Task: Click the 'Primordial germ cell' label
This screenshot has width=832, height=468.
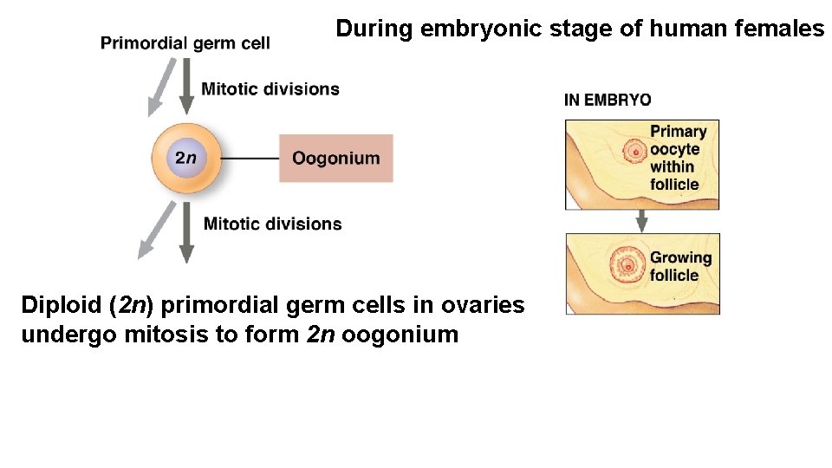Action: click(x=185, y=42)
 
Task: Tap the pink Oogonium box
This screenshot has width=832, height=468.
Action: click(x=335, y=158)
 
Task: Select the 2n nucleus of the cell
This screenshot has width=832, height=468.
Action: click(x=185, y=158)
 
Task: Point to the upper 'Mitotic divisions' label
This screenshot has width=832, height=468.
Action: click(x=270, y=88)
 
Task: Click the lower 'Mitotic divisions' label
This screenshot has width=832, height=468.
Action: click(x=272, y=224)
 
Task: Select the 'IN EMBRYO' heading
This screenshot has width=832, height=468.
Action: click(x=608, y=100)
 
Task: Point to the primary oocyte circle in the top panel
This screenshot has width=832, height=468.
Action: click(x=635, y=153)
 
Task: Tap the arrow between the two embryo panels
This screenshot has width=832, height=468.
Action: click(x=641, y=220)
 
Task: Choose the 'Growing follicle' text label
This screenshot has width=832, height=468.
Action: click(x=680, y=266)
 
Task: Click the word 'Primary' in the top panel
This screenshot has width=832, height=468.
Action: click(x=679, y=132)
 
